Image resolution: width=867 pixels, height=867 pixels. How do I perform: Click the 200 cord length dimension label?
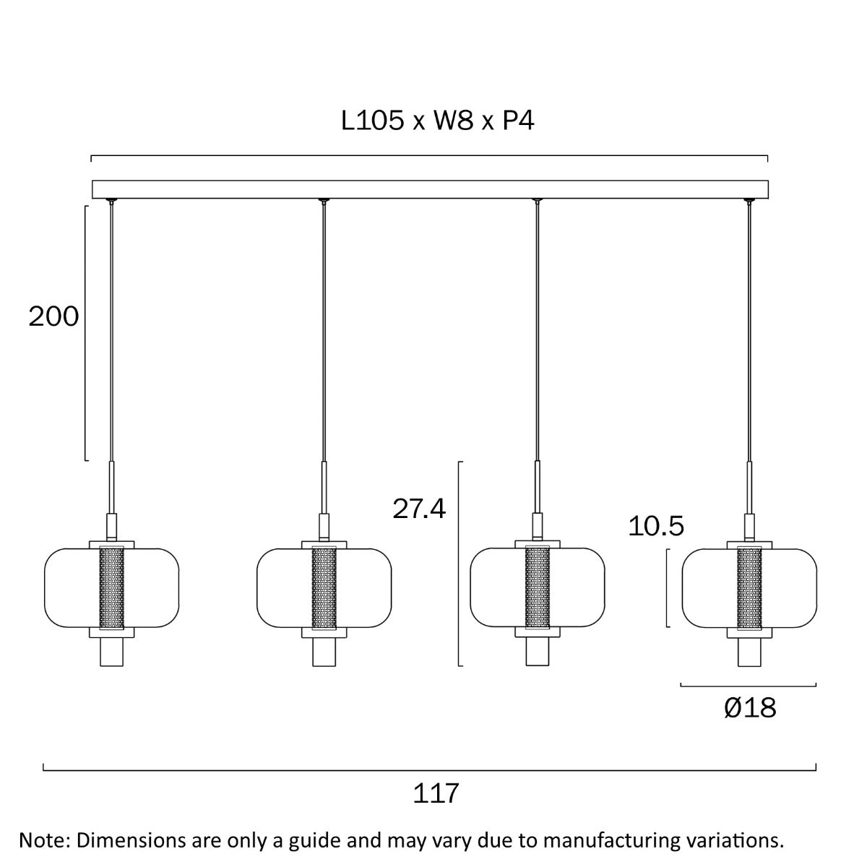(53, 316)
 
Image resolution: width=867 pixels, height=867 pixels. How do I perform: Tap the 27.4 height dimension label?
(419, 509)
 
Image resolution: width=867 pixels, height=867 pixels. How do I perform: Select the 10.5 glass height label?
(655, 526)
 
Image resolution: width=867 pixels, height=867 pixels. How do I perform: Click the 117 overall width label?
(436, 793)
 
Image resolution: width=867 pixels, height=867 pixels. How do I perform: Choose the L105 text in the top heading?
(373, 121)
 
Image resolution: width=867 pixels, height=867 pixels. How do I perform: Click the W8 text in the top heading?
(453, 121)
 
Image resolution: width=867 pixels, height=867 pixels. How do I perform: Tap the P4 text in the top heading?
(518, 121)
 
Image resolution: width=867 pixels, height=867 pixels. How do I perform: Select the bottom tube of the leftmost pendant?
(111, 653)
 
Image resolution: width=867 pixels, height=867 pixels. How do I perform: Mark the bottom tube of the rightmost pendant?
(749, 653)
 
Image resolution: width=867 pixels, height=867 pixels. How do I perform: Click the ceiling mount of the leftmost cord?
(111, 201)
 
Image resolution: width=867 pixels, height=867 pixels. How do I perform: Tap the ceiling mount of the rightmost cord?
(749, 201)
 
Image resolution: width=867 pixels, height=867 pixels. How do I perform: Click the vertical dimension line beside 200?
(86, 332)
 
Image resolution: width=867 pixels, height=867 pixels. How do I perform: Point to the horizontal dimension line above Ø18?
(748, 685)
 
